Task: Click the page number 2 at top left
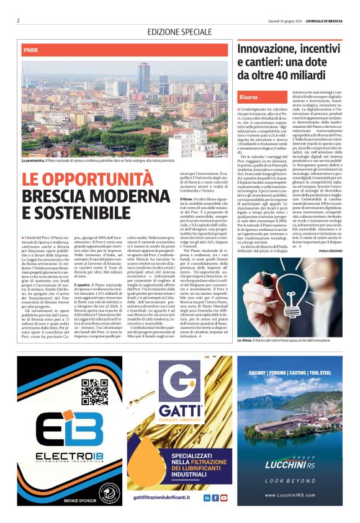(x=19, y=20)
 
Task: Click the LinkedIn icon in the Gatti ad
(x=207, y=498)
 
